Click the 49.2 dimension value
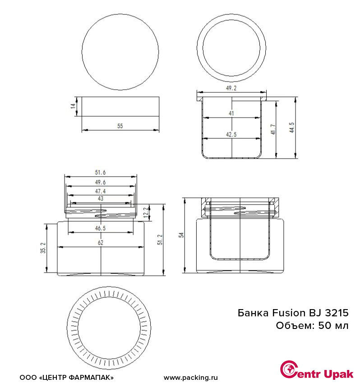coord(231,88)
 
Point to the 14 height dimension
coord(73,106)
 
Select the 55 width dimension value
coord(120,126)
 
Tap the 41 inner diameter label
coord(231,114)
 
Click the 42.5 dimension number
coord(231,135)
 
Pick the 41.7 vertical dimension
coord(273,129)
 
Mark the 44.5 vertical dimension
coord(292,128)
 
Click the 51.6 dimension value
coord(100,173)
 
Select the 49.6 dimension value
coord(100,182)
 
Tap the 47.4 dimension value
coord(100,191)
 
